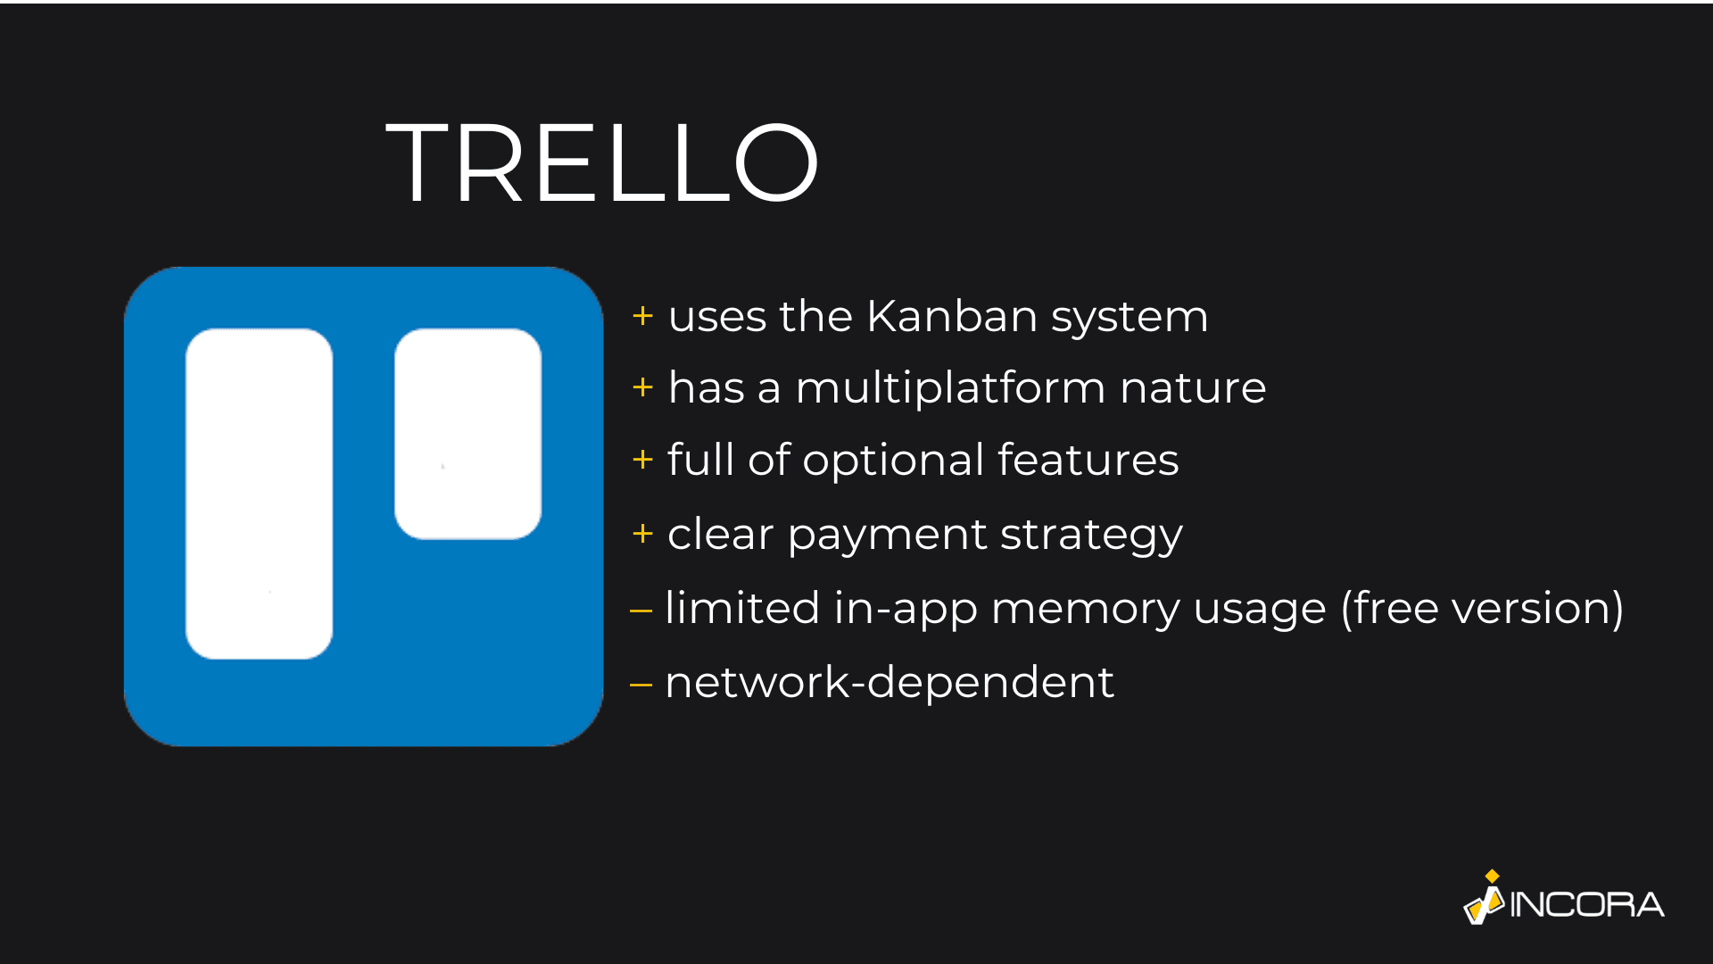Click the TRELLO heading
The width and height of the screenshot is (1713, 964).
pyautogui.click(x=602, y=163)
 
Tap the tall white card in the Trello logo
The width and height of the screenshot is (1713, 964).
pyautogui.click(x=259, y=494)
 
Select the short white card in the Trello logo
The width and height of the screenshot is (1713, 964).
pyautogui.click(x=468, y=434)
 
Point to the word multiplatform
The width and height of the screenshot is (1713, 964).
pyautogui.click(x=950, y=388)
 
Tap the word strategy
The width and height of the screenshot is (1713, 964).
pyautogui.click(x=1091, y=536)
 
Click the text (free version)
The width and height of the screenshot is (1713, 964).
pyautogui.click(x=1482, y=609)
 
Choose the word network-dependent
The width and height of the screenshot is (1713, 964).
pyautogui.click(x=890, y=683)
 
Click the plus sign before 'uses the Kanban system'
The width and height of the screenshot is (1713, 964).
pyautogui.click(x=642, y=316)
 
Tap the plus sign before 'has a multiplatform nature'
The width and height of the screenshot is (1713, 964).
pyautogui.click(x=642, y=387)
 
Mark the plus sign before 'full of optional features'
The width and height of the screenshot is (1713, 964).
pyautogui.click(x=642, y=460)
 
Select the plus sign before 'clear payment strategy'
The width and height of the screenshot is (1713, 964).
pyautogui.click(x=642, y=534)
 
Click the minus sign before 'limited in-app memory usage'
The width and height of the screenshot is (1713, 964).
pyautogui.click(x=641, y=611)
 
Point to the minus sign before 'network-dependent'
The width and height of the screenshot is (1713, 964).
pyautogui.click(x=641, y=686)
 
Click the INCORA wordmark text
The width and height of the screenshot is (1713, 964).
pyautogui.click(x=1587, y=905)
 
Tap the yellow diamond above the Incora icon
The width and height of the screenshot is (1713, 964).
pyautogui.click(x=1492, y=876)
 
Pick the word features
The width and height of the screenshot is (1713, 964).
pyautogui.click(x=1088, y=461)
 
